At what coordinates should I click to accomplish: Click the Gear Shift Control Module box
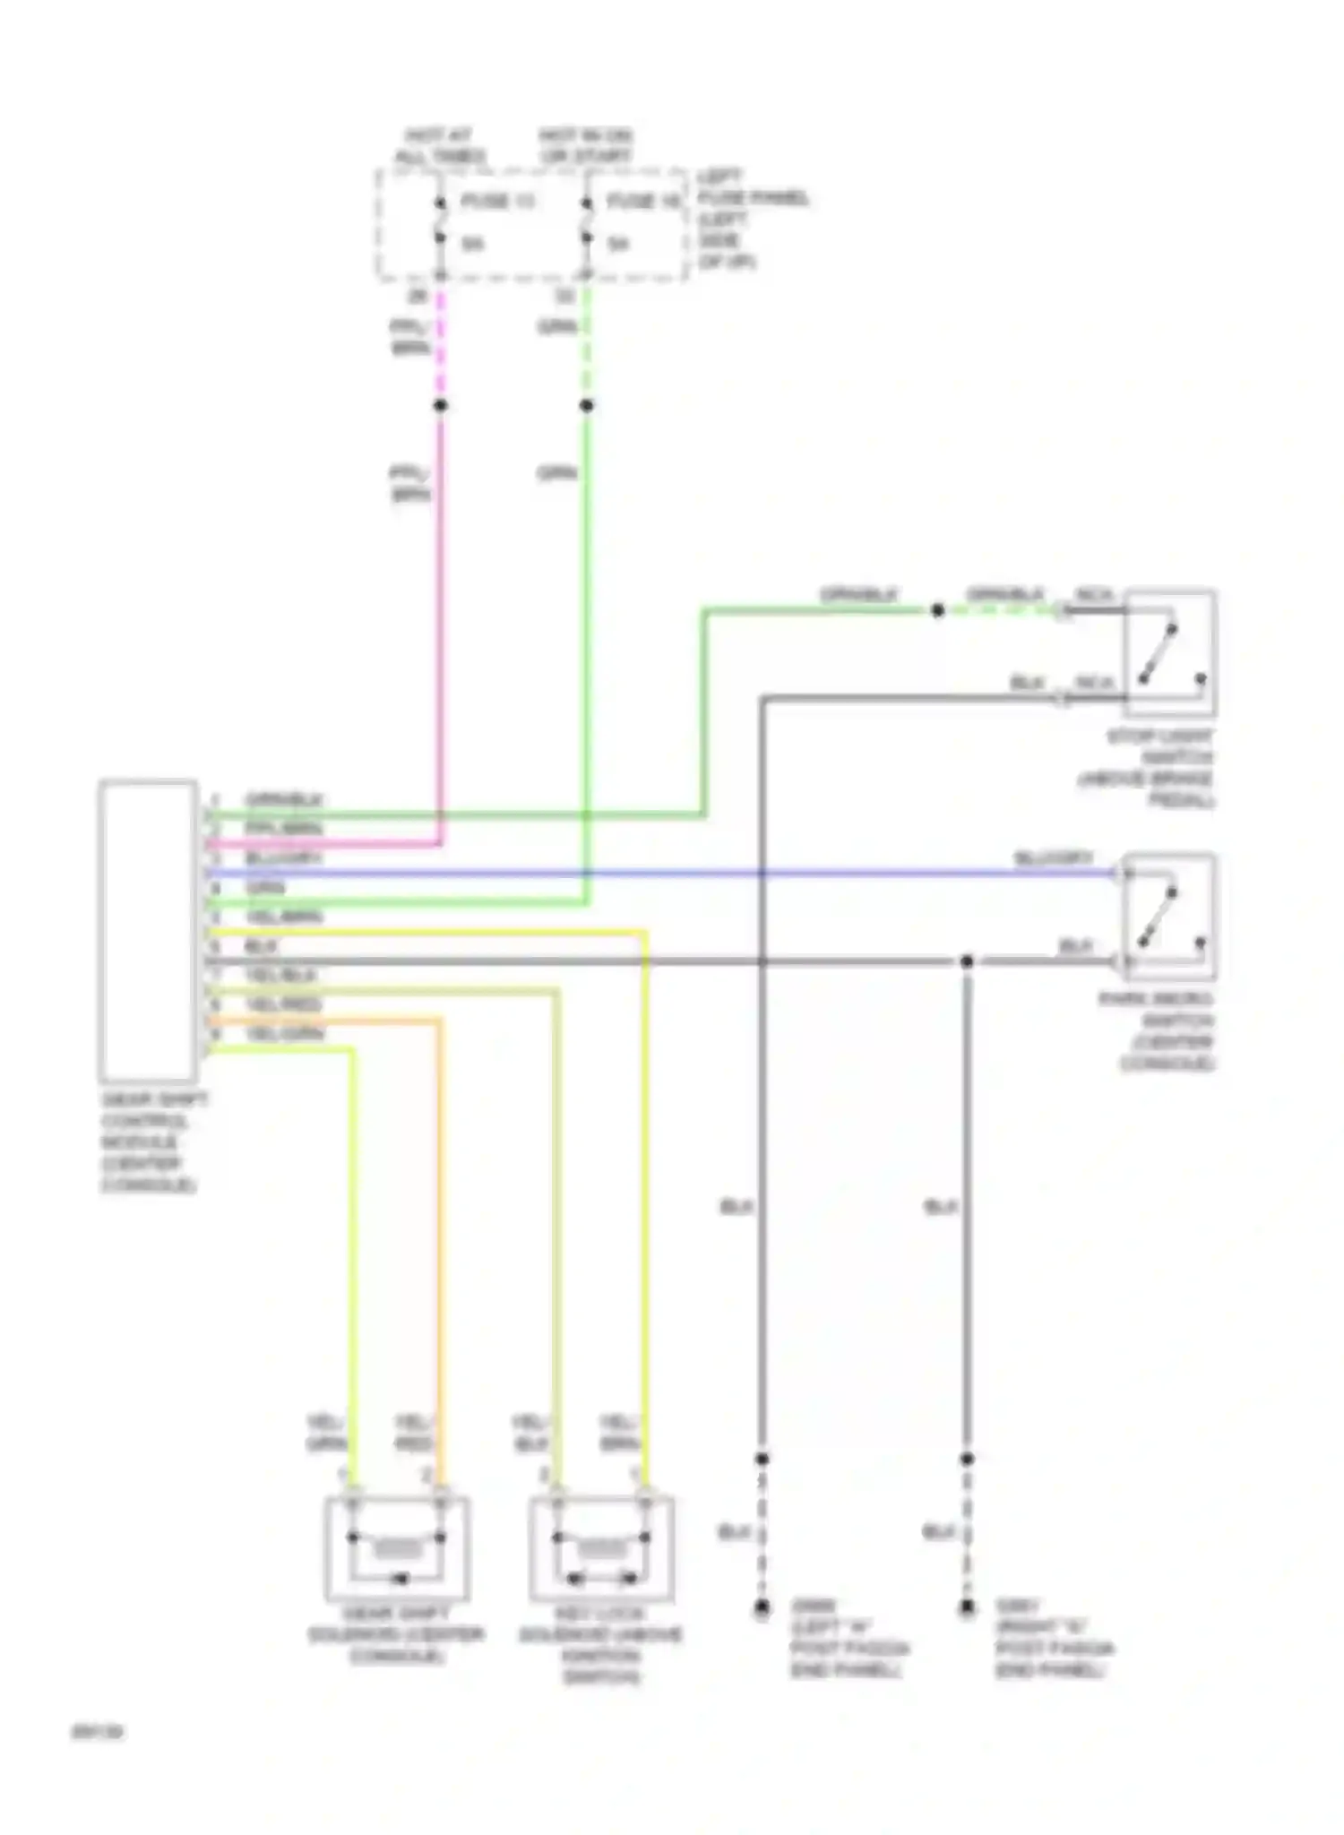[148, 930]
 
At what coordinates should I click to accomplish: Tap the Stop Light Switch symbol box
[1169, 652]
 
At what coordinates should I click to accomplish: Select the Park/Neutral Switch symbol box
[1169, 917]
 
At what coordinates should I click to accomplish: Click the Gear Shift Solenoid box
[396, 1549]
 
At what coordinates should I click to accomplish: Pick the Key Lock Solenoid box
[601, 1549]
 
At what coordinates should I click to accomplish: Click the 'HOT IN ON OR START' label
[585, 146]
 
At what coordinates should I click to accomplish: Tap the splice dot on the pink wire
[440, 406]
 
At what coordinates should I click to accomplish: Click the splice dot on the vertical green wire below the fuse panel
[586, 406]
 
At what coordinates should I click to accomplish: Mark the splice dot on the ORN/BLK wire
[937, 611]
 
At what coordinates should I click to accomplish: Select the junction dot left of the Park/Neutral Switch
[967, 962]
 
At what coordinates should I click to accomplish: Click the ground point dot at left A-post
[762, 1608]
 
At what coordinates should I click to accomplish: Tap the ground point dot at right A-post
[967, 1608]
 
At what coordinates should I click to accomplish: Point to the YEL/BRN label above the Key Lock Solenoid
[619, 1433]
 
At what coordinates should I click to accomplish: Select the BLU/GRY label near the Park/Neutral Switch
[1053, 858]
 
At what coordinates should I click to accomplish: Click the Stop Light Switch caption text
[1150, 769]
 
